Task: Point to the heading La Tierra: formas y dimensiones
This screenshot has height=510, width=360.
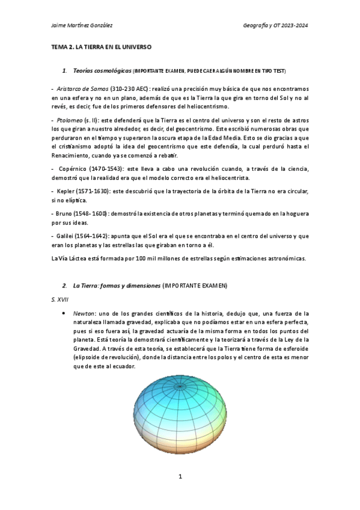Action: point(117,284)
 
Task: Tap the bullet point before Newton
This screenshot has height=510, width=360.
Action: point(64,314)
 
